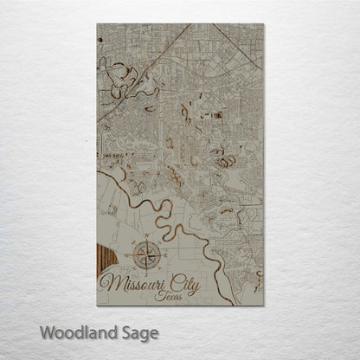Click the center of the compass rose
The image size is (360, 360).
[x=145, y=254]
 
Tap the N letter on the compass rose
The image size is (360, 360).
[x=145, y=236]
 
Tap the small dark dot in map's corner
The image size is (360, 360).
[x=100, y=39]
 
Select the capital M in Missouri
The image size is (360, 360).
[x=109, y=282]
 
